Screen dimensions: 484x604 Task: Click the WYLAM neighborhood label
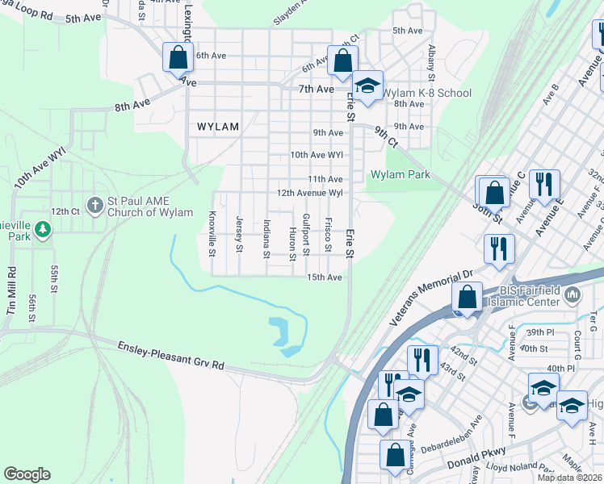tap(218, 127)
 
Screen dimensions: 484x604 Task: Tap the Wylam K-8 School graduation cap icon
tap(367, 86)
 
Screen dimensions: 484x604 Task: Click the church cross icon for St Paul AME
tap(94, 204)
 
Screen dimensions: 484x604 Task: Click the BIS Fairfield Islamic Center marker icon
tap(573, 294)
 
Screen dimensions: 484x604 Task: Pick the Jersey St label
tap(239, 233)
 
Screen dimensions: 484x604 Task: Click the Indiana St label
tap(266, 239)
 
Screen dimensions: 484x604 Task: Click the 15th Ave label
tap(325, 277)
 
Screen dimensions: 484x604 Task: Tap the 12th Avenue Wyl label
tap(310, 194)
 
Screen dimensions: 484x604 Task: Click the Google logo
tap(27, 474)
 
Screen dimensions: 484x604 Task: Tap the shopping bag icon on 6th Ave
tap(177, 58)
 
